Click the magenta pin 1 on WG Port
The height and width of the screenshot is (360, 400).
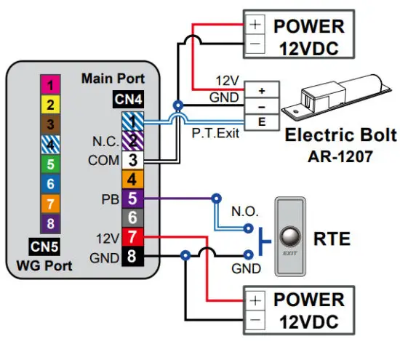click(49, 85)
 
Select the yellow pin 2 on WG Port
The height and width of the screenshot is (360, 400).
click(49, 104)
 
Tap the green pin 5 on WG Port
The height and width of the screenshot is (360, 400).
click(49, 164)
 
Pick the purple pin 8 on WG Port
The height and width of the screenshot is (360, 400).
click(49, 223)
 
